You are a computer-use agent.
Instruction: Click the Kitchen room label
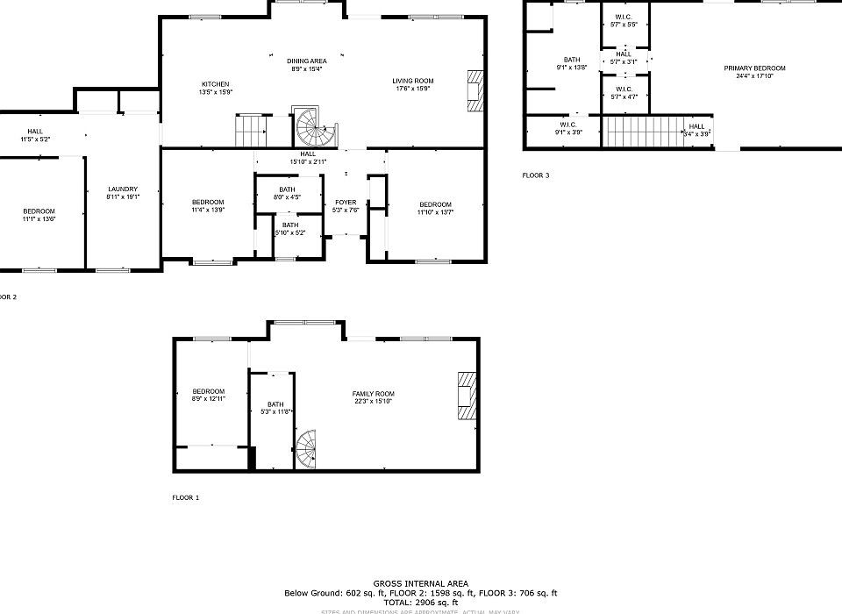pos(216,88)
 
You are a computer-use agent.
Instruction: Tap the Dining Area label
pos(307,64)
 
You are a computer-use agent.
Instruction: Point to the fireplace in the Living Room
pos(475,91)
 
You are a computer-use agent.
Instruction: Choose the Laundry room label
pos(123,193)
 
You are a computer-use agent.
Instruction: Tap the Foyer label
pos(345,207)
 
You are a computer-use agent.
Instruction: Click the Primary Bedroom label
pos(754,72)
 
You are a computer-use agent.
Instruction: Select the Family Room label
pos(373,397)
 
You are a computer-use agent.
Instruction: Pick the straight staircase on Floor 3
pos(644,132)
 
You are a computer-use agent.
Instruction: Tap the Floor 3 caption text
pos(535,175)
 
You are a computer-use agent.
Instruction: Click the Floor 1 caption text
pos(185,497)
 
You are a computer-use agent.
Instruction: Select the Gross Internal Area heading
pos(421,583)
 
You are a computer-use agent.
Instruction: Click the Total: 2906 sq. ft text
pos(421,603)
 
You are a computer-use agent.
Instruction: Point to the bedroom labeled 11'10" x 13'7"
pos(435,207)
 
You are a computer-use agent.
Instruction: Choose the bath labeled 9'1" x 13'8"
pos(572,63)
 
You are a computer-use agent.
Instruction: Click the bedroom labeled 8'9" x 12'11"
pos(209,395)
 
